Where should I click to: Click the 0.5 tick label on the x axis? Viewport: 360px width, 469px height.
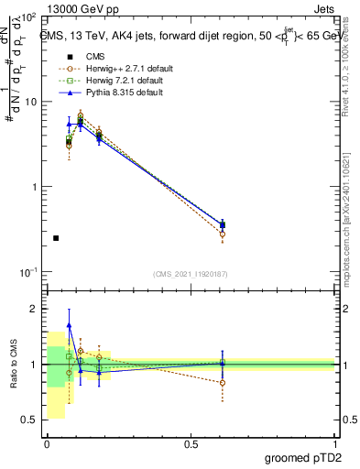[x=191, y=443]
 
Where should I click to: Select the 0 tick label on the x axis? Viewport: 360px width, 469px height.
[x=47, y=443]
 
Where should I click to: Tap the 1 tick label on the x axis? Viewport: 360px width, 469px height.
[x=334, y=443]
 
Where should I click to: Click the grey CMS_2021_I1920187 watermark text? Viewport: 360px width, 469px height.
[x=191, y=274]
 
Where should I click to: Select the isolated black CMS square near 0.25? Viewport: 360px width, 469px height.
[x=56, y=238]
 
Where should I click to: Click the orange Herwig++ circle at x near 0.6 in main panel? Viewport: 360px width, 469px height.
[x=223, y=234]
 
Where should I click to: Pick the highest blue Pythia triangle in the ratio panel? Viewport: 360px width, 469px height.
[x=69, y=325]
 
